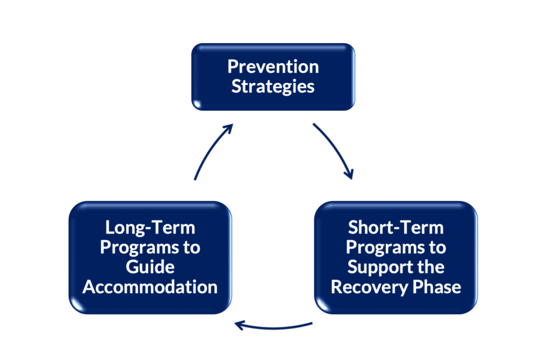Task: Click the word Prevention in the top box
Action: (273, 66)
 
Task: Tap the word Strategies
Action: (273, 87)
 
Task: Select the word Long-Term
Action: (150, 228)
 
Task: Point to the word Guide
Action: (150, 267)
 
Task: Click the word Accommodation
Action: (150, 287)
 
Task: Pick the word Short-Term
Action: (396, 228)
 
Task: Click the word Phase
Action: (437, 287)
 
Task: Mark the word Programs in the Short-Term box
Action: (379, 248)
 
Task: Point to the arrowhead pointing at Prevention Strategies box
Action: (228, 128)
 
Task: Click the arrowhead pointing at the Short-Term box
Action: (349, 174)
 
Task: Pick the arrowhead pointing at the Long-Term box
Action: (239, 325)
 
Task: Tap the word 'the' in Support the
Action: (431, 267)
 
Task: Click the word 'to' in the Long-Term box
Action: (192, 247)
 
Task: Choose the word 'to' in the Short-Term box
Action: (437, 247)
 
